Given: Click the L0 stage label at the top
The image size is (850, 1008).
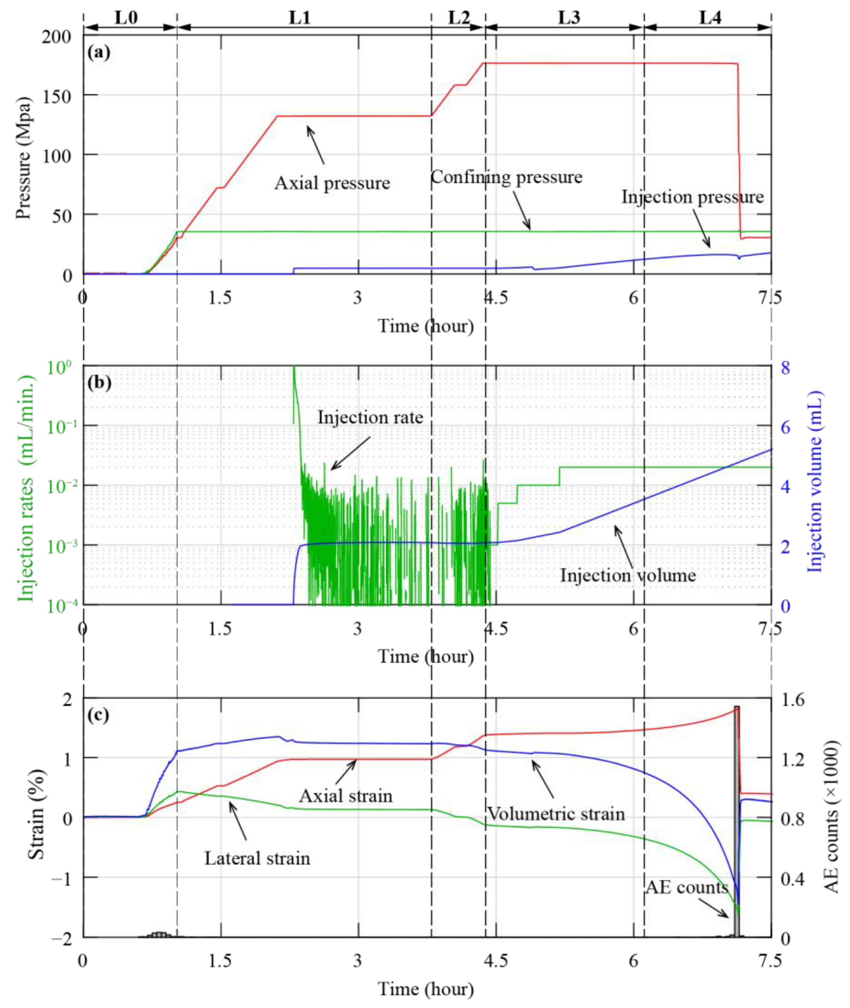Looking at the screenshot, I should tap(126, 18).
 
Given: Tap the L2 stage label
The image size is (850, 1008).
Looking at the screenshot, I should tap(458, 18).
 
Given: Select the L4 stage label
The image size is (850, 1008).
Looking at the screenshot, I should tap(710, 18).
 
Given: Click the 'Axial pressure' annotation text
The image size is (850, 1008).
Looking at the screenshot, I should tap(332, 183).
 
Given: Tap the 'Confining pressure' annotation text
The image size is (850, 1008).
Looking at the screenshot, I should tap(506, 177).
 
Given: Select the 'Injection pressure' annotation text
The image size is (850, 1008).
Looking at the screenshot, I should tap(692, 197).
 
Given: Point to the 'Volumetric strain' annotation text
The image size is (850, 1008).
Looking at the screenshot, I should tap(555, 814).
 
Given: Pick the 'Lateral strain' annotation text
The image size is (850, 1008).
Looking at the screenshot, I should tap(257, 858).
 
